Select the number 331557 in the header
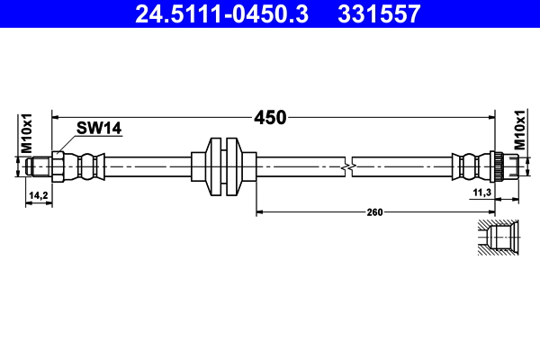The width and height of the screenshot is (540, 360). [377, 13]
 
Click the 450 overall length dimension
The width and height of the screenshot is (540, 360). [269, 117]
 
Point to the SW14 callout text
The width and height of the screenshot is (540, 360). [98, 129]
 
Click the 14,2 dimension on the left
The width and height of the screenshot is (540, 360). [38, 194]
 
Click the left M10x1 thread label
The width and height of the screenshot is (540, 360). [27, 132]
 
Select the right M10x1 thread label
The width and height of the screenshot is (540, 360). [519, 130]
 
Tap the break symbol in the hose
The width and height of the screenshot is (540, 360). [349, 166]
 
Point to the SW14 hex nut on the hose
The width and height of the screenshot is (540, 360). [58, 166]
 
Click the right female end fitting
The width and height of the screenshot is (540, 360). [505, 166]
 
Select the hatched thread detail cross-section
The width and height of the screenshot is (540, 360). [498, 238]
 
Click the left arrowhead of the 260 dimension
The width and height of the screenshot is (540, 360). [261, 212]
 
